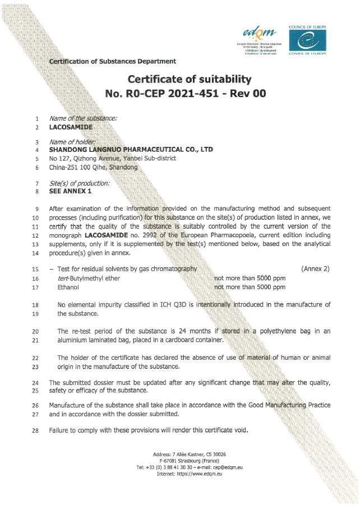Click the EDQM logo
point(257,35)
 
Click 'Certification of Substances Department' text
point(113,61)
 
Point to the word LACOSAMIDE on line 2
point(71,127)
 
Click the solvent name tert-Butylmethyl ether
point(89,279)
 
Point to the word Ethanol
point(68,288)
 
